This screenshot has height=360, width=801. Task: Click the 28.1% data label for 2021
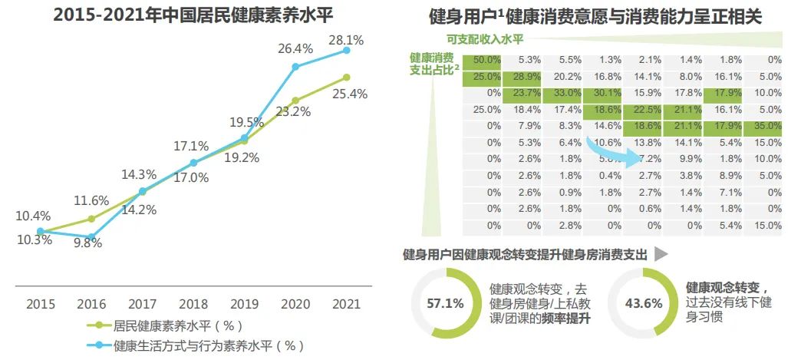click(x=345, y=40)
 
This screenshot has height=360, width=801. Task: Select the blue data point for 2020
click(x=295, y=66)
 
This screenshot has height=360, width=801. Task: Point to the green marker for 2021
click(x=346, y=77)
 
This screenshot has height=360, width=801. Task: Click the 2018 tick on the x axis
click(x=193, y=304)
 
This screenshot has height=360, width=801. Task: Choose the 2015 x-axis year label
click(x=41, y=304)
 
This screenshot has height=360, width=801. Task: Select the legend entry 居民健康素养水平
click(x=177, y=325)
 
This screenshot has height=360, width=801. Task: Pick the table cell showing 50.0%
click(x=486, y=60)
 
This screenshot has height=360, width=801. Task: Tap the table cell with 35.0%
click(x=768, y=126)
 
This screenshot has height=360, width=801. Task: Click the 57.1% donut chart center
click(x=444, y=303)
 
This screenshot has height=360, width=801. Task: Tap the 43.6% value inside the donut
click(x=643, y=303)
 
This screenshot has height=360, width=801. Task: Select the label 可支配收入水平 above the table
click(x=485, y=40)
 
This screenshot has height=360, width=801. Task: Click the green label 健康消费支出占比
click(x=433, y=63)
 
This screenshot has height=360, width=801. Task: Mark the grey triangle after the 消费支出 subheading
click(x=660, y=254)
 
